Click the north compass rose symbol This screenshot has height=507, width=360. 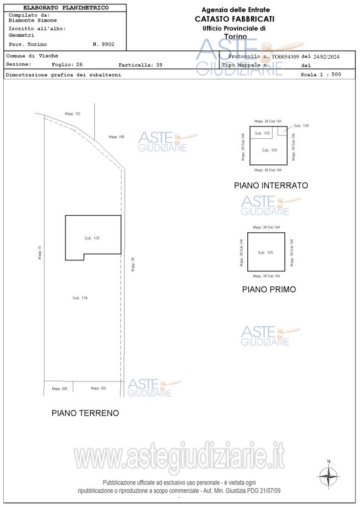click(x=328, y=476)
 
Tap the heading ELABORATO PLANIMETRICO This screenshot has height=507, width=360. click(x=66, y=8)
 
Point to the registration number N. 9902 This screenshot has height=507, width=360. click(x=104, y=44)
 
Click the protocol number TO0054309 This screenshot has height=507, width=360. click(x=285, y=57)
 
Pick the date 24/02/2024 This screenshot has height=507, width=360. click(x=327, y=57)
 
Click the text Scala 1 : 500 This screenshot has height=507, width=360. click(x=321, y=74)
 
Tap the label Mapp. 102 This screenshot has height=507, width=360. click(x=72, y=114)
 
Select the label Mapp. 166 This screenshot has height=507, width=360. click(x=116, y=137)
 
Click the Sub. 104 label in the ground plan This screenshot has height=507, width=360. click(x=80, y=298)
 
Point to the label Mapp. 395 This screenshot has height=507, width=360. click(x=60, y=388)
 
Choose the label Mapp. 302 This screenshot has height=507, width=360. click(x=98, y=388)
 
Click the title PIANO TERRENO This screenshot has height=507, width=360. click(x=85, y=413)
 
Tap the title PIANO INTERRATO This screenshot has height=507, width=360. click(x=271, y=185)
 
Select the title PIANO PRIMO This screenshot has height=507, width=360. click(x=269, y=289)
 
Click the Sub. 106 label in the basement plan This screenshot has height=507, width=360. click(x=269, y=150)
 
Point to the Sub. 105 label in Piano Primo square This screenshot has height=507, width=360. click(x=265, y=252)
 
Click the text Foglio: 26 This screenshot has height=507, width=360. click(x=67, y=64)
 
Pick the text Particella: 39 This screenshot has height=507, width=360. click(x=140, y=65)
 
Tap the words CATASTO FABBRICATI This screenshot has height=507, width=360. click(x=235, y=19)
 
